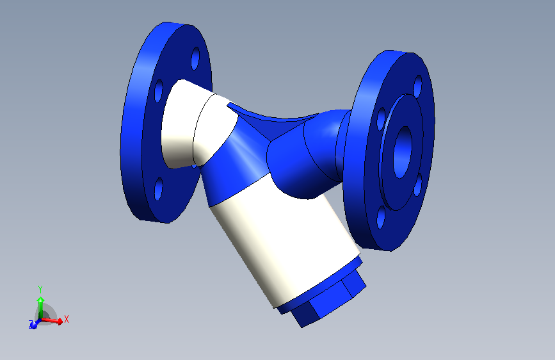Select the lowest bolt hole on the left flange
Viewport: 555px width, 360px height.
click(158, 190)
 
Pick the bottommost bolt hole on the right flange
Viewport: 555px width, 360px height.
click(382, 218)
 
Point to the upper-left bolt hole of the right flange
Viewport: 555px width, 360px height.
click(382, 118)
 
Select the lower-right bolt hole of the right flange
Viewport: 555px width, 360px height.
click(417, 185)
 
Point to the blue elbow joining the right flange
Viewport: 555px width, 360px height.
click(307, 160)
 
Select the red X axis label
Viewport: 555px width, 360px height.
click(66, 318)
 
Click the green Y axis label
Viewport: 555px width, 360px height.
click(40, 289)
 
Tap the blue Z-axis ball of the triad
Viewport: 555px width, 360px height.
click(33, 324)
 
